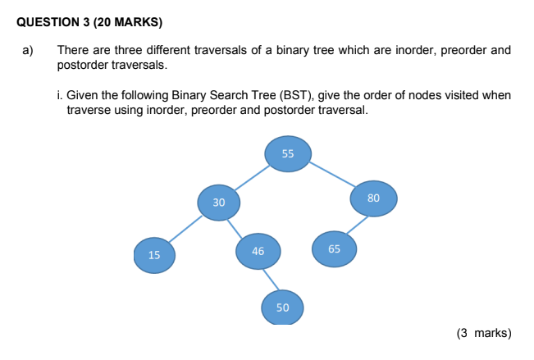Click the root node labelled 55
click(x=288, y=154)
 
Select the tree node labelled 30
click(x=219, y=203)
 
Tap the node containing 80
click(x=373, y=198)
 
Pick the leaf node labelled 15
click(x=154, y=255)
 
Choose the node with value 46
click(x=258, y=252)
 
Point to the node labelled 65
click(x=334, y=249)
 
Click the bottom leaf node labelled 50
click(x=282, y=308)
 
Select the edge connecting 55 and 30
click(x=253, y=178)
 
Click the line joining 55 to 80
click(x=333, y=174)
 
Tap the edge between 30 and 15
click(x=185, y=229)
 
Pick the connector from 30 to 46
click(x=235, y=228)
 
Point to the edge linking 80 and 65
click(x=358, y=225)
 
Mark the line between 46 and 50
click(x=271, y=280)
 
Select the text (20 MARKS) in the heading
click(x=128, y=22)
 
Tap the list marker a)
click(x=28, y=50)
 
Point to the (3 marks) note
click(x=484, y=333)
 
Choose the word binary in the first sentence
click(x=292, y=50)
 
